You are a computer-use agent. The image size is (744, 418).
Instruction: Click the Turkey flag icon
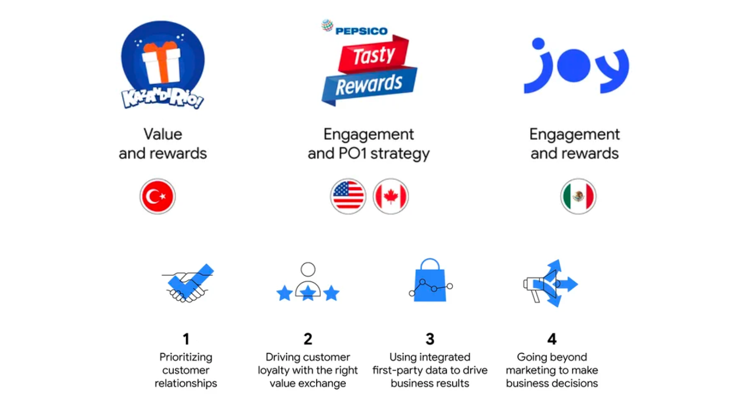click(158, 196)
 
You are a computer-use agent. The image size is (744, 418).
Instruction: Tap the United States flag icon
click(348, 196)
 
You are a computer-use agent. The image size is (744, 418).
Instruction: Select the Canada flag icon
click(391, 196)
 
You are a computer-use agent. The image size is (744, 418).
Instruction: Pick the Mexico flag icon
click(578, 196)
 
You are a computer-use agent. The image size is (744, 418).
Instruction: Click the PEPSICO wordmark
click(362, 31)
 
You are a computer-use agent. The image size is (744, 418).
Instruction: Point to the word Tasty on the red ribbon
click(374, 55)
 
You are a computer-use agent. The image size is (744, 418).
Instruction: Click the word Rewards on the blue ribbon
click(369, 84)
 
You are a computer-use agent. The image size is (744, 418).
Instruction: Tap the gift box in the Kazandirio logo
click(162, 63)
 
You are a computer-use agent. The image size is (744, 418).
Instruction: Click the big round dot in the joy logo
click(574, 66)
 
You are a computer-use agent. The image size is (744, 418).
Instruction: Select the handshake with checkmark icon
click(188, 283)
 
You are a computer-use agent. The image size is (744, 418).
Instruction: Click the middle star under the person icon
click(308, 293)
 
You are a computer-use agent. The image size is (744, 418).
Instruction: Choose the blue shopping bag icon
click(430, 280)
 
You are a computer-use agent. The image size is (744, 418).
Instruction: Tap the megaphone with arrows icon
click(550, 283)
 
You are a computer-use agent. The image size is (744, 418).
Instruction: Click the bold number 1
click(186, 339)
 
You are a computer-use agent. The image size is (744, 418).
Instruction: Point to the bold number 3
click(430, 339)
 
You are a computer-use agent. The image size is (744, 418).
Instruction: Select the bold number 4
click(552, 339)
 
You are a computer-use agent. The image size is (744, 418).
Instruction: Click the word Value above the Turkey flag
click(163, 134)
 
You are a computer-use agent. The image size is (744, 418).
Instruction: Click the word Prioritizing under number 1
click(185, 358)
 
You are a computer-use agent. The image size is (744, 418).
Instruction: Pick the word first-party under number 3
click(397, 370)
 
